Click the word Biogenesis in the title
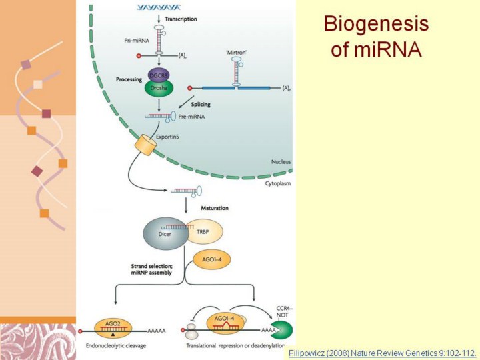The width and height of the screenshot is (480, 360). [x=376, y=25]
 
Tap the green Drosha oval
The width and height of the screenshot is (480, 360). [x=157, y=90]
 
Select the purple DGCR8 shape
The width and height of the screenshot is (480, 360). [x=159, y=75]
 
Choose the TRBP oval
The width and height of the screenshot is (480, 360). [x=204, y=231]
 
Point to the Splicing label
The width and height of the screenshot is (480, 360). [x=201, y=103]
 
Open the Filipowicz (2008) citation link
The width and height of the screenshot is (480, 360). [x=383, y=351]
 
